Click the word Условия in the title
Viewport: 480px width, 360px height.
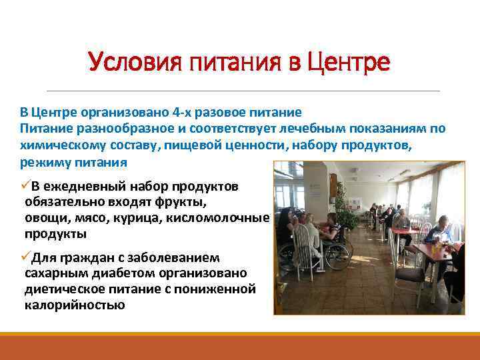[x=127, y=63]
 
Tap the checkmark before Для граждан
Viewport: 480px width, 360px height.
[x=25, y=257]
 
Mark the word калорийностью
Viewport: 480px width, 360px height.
[x=74, y=305]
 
